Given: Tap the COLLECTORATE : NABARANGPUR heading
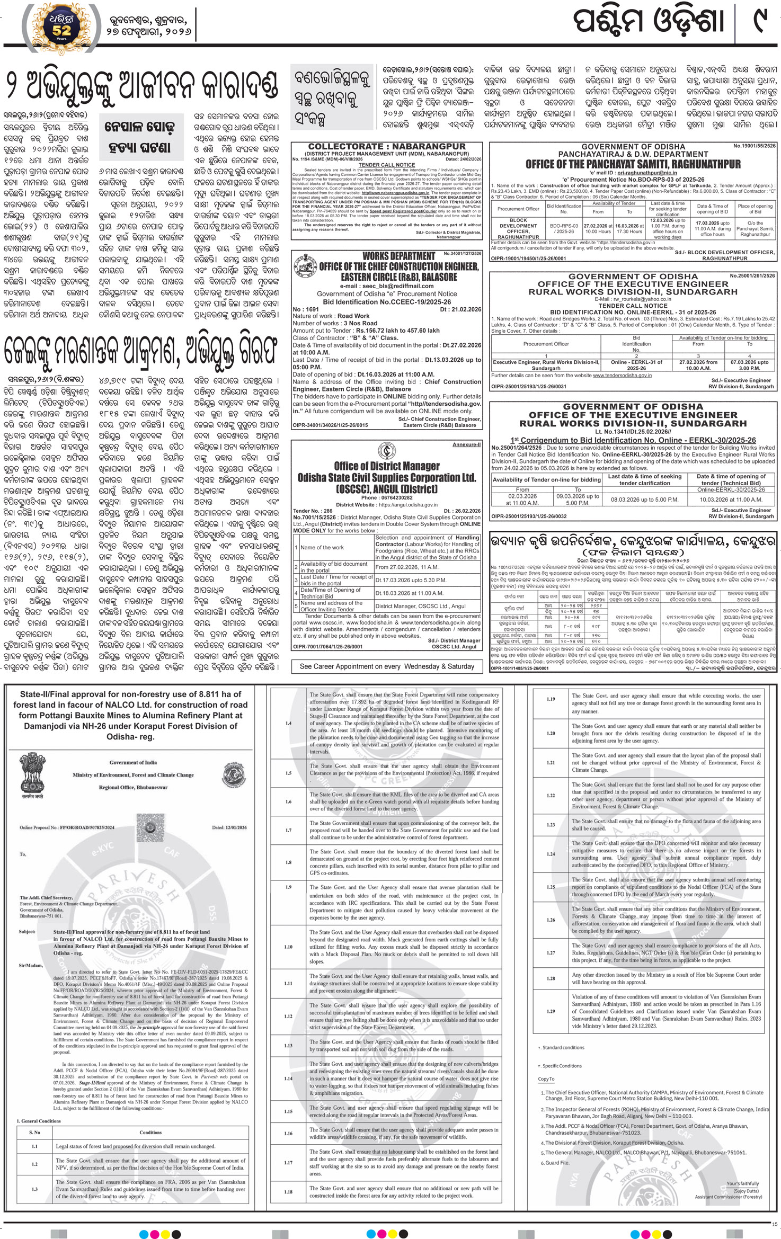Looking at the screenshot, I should point(387,147).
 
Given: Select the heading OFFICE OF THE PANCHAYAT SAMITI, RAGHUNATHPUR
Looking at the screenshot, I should point(633,164).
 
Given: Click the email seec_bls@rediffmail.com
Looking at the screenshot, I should point(387,286).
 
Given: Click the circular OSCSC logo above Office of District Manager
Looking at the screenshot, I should point(386,451).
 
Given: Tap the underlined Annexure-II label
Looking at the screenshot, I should point(466,445).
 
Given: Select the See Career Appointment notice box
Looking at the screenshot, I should point(387,666).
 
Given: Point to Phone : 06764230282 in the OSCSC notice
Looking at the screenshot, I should point(386,498).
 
